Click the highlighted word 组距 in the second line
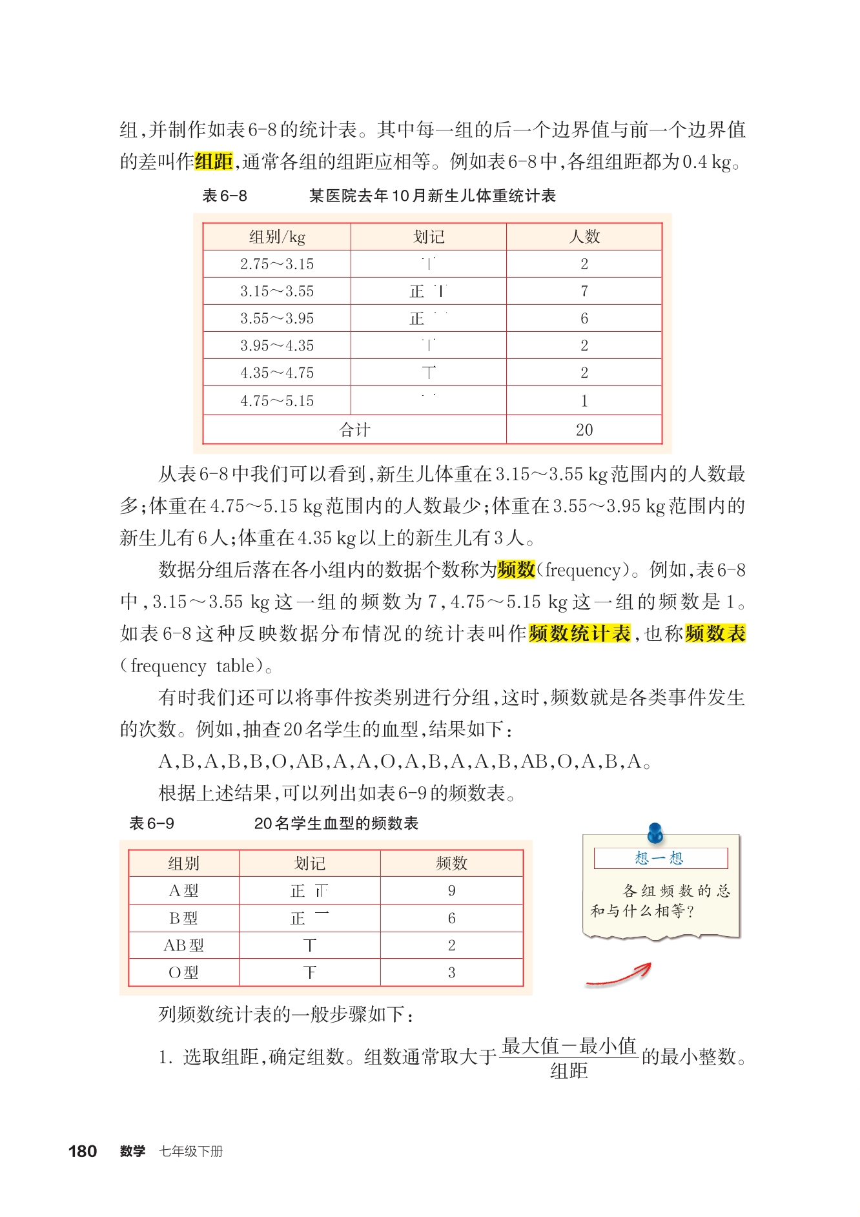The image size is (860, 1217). pyautogui.click(x=214, y=161)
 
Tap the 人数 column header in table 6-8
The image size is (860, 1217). pyautogui.click(x=584, y=237)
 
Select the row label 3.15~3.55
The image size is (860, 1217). pyautogui.click(x=277, y=291)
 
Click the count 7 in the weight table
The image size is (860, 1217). pyautogui.click(x=584, y=291)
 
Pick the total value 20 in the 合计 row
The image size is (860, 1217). pyautogui.click(x=584, y=430)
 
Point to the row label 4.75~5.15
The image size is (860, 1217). pyautogui.click(x=277, y=401)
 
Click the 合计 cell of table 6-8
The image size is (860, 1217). pyautogui.click(x=354, y=430)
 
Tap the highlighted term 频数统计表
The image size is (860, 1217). pyautogui.click(x=579, y=633)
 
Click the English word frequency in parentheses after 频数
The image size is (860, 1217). pyautogui.click(x=582, y=570)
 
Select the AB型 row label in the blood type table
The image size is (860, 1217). pyautogui.click(x=183, y=945)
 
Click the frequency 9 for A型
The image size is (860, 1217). pyautogui.click(x=451, y=891)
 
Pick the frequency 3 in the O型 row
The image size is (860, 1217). pyautogui.click(x=451, y=972)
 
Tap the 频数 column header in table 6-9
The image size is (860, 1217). pyautogui.click(x=451, y=863)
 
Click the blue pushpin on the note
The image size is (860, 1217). pyautogui.click(x=655, y=832)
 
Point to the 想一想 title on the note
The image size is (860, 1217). pyautogui.click(x=659, y=858)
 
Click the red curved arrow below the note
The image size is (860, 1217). pyautogui.click(x=620, y=976)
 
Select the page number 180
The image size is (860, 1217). pyautogui.click(x=83, y=1151)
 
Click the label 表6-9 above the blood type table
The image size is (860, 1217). pyautogui.click(x=152, y=823)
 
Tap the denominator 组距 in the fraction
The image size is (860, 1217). pyautogui.click(x=569, y=1071)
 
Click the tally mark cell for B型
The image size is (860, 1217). pyautogui.click(x=310, y=918)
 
